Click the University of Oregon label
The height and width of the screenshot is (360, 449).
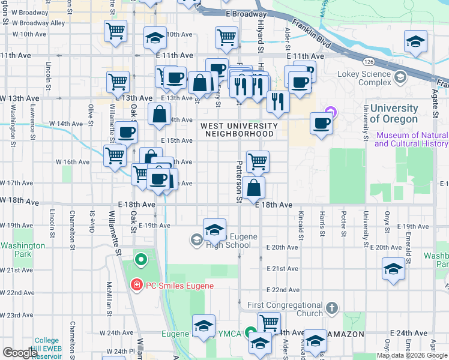[x=394, y=113]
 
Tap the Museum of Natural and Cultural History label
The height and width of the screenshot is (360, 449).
[x=412, y=139]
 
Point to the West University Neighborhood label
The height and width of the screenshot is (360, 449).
[x=240, y=130]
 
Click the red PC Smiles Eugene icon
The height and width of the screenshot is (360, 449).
[x=137, y=285]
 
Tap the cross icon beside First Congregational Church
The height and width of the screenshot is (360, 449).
[x=331, y=309]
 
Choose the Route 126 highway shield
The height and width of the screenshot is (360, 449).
[x=369, y=62]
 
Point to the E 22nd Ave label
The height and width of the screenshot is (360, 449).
[x=283, y=290]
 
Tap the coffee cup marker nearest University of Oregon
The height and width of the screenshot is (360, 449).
[x=322, y=124]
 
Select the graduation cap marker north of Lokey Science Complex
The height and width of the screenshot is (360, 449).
[x=415, y=41]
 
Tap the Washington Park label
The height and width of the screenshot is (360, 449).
[x=23, y=250]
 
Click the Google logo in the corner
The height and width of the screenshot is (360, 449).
[x=20, y=353]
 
